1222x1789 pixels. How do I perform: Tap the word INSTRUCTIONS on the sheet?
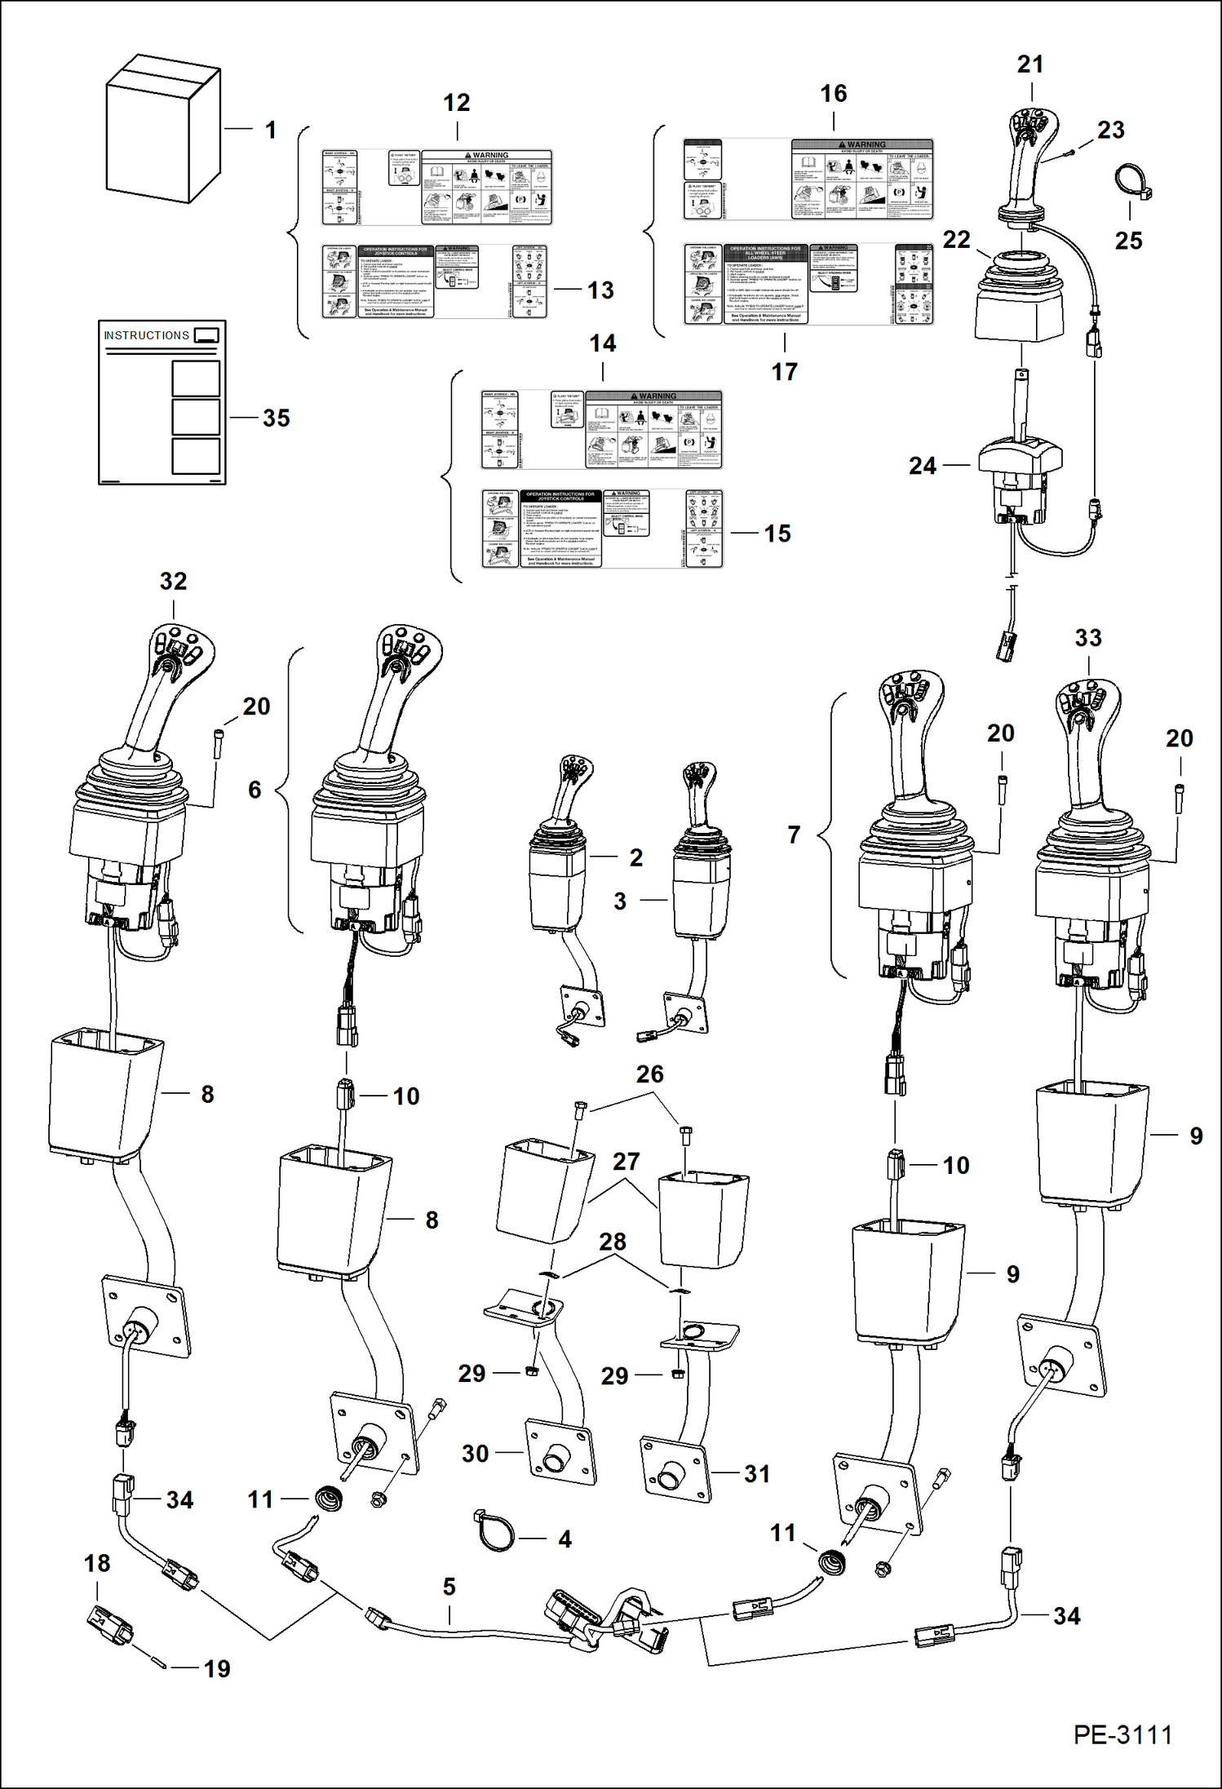point(146,335)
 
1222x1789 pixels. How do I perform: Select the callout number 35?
point(277,418)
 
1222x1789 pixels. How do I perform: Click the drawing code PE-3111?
point(1122,1734)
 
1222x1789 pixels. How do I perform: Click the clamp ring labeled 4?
point(494,1532)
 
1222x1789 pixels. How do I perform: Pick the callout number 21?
point(1030,64)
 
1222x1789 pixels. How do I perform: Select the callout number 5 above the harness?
point(449,1587)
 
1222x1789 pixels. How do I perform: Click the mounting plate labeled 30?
point(560,1453)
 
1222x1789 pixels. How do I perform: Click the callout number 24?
point(923,466)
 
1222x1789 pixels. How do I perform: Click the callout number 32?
point(173,581)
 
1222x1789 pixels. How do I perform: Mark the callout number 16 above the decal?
point(833,94)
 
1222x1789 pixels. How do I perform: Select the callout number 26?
point(649,1074)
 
